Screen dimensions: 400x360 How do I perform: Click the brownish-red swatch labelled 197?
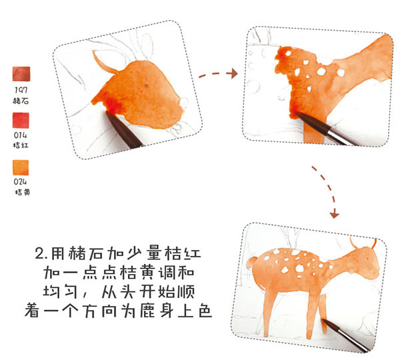click(21, 74)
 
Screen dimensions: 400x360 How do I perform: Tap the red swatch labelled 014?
click(21, 120)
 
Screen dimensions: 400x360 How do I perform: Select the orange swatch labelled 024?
click(21, 167)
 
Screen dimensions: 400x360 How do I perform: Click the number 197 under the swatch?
click(21, 90)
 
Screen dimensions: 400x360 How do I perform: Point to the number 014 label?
click(21, 135)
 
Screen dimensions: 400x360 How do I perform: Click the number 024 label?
click(21, 181)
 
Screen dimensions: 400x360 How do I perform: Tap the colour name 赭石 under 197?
click(21, 101)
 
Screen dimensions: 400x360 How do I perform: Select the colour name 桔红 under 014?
click(21, 145)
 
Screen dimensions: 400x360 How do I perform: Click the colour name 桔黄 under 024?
click(23, 192)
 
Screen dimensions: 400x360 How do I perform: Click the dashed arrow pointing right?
click(217, 74)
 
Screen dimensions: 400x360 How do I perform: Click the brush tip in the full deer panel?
click(323, 320)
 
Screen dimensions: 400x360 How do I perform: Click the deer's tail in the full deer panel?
click(251, 263)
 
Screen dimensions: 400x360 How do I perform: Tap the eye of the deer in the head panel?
click(146, 86)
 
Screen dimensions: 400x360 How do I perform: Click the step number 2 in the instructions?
click(40, 254)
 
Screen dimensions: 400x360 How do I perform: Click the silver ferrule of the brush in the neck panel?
click(337, 135)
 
